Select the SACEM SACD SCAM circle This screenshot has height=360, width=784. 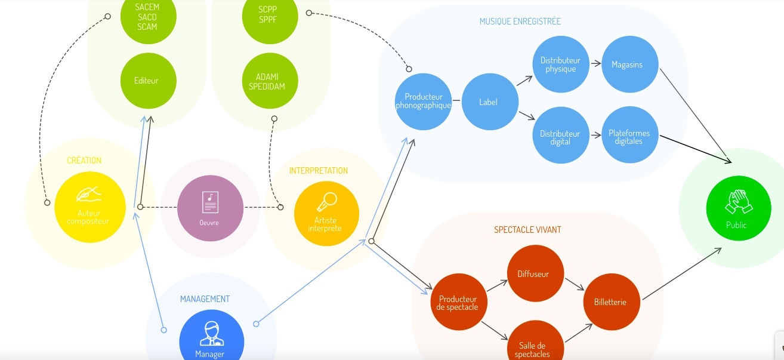[x=147, y=17]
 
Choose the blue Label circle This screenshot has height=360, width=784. [x=488, y=102]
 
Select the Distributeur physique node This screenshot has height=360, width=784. [x=561, y=64]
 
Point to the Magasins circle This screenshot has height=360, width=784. [x=627, y=64]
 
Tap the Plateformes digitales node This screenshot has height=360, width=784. [x=629, y=137]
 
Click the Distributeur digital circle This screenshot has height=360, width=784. [x=560, y=137]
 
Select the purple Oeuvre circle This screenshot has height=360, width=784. [x=210, y=208]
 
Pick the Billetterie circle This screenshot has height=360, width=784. [x=610, y=302]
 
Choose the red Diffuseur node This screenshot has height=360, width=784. [x=533, y=274]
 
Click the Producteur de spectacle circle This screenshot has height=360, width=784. [x=458, y=303]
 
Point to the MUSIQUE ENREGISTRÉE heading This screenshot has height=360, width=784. [x=520, y=21]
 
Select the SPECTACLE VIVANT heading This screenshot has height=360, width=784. [x=527, y=230]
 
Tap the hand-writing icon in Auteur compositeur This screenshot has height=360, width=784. [x=88, y=194]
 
